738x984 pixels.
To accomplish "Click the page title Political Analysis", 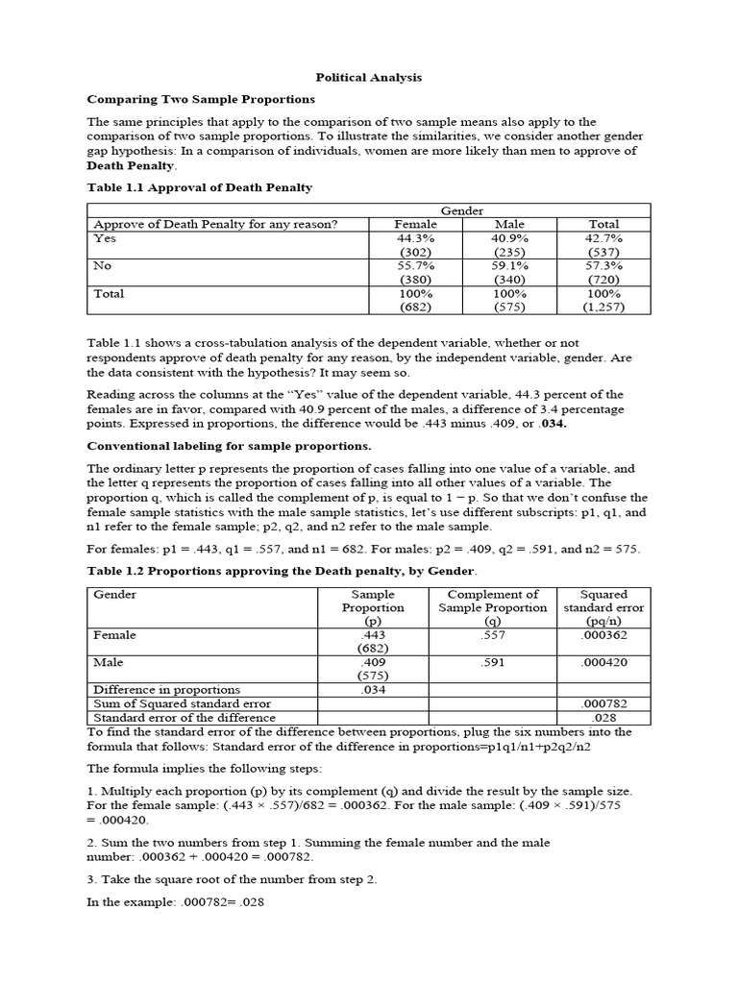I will [369, 77].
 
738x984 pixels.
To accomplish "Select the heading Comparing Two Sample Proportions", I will [201, 99].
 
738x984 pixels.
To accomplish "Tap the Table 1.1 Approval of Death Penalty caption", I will [200, 187].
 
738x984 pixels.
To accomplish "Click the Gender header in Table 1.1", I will [461, 210].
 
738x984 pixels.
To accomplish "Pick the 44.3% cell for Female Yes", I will [415, 238].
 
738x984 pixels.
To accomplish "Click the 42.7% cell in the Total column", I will [603, 238].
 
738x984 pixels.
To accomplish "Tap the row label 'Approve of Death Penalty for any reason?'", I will [215, 225].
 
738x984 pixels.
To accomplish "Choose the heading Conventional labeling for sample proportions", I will [229, 446].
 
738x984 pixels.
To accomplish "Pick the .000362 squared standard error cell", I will [604, 635].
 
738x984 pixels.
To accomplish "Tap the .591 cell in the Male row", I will [493, 662].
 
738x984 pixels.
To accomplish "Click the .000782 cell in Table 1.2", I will [604, 703].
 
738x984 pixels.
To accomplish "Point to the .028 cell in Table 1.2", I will [604, 717].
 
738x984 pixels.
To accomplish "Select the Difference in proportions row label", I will [166, 689].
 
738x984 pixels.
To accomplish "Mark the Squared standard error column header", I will [604, 607].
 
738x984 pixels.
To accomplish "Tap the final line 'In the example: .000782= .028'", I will [176, 903].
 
